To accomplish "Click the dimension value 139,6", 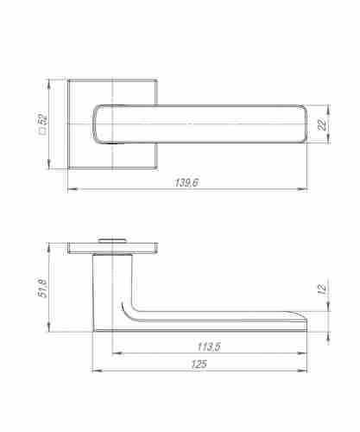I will [187, 182].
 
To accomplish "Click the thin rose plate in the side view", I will [112, 249].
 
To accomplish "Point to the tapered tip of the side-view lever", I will [306, 321].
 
